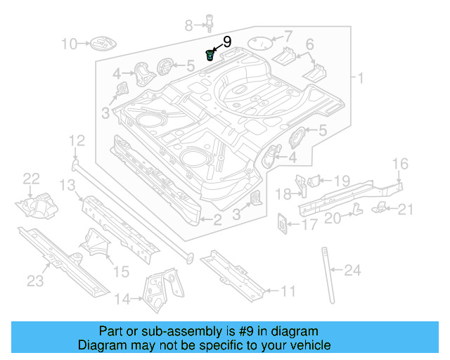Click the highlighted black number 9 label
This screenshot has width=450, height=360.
pos(227,42)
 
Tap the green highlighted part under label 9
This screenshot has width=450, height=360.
pos(210,55)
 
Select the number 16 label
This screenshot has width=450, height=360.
pos(400,165)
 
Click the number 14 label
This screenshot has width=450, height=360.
pos(122,300)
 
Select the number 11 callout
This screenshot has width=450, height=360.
pos(288,291)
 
